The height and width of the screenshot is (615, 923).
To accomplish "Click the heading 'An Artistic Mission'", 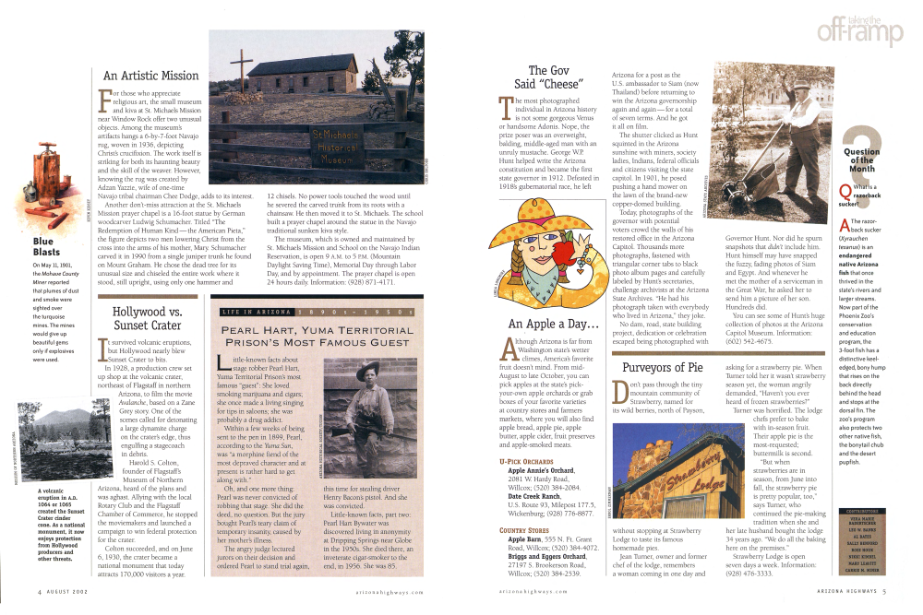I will [x=150, y=76].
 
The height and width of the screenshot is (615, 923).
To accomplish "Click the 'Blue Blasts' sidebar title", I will [x=46, y=246].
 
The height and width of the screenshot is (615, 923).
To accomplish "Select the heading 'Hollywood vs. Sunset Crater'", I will [x=146, y=318].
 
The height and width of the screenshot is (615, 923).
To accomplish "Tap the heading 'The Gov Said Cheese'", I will [x=553, y=77].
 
